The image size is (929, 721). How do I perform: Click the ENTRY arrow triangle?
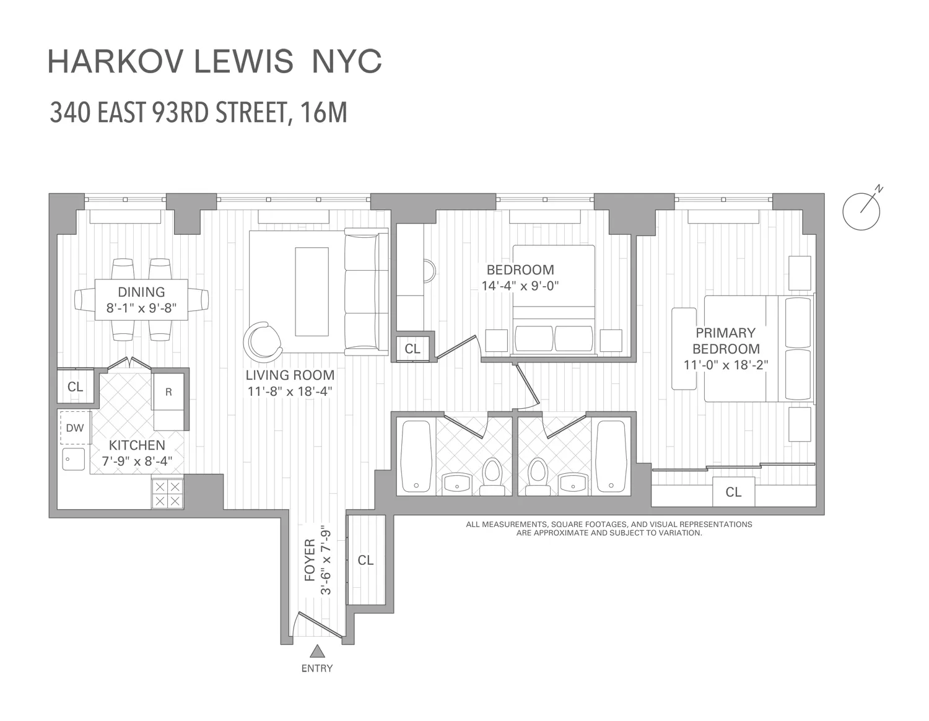click(318, 651)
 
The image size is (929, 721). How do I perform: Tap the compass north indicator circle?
click(861, 211)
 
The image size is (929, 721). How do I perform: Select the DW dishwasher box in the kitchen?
click(76, 428)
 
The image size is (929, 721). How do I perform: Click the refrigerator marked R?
click(168, 391)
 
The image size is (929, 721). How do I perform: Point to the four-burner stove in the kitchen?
click(167, 494)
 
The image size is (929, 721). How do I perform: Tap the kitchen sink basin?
click(74, 459)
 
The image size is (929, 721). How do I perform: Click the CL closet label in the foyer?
click(365, 560)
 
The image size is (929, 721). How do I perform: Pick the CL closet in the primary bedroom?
click(733, 492)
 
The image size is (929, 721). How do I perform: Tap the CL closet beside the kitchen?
click(75, 387)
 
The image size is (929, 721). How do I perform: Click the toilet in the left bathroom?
click(492, 476)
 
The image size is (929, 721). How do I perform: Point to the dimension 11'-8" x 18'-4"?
click(289, 391)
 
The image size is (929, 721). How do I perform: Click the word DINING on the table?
click(141, 292)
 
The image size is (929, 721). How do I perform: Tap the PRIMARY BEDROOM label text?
click(726, 341)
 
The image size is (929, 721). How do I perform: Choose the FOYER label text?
click(310, 560)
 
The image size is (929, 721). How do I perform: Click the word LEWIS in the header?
click(243, 62)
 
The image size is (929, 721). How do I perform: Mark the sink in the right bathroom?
click(574, 483)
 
